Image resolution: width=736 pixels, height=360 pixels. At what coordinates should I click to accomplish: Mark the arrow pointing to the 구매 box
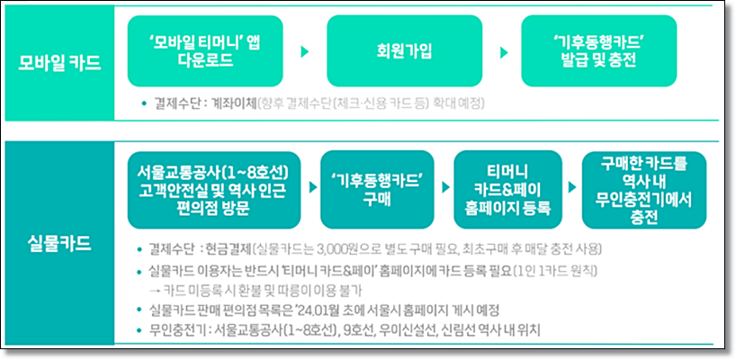312,188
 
